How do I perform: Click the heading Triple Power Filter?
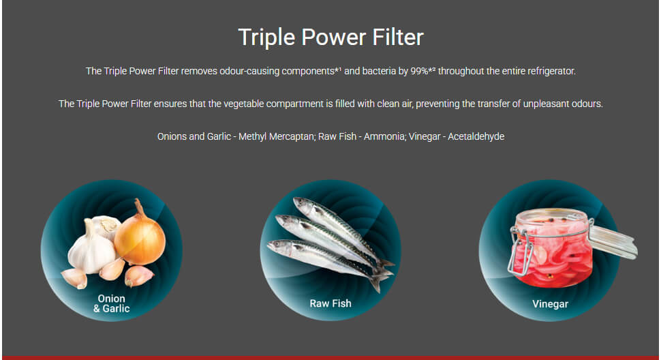pyautogui.click(x=330, y=37)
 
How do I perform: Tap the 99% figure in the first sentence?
pyautogui.click(x=419, y=71)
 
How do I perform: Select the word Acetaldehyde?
pyautogui.click(x=476, y=136)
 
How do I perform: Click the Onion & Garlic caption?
pyautogui.click(x=112, y=303)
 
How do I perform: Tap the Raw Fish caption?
pyautogui.click(x=330, y=303)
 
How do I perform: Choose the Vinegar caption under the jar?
pyautogui.click(x=550, y=304)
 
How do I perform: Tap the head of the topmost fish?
pyautogui.click(x=303, y=204)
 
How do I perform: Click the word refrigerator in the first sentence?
pyautogui.click(x=551, y=71)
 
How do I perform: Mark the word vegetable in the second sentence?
pyautogui.click(x=244, y=104)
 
